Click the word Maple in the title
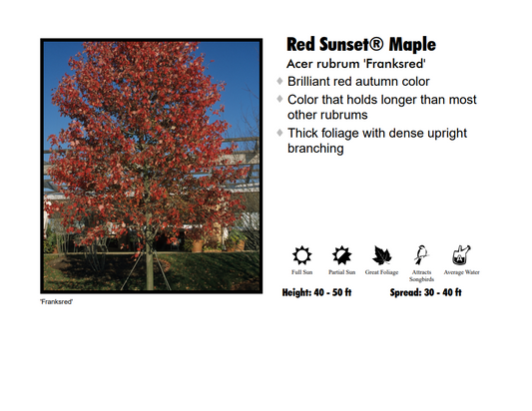407,45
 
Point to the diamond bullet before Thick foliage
279,133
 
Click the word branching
315,149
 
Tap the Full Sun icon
301,254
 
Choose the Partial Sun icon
342,254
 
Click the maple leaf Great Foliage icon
382,254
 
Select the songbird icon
421,254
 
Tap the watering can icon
461,254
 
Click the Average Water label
461,271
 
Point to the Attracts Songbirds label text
421,275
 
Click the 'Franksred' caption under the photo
56,302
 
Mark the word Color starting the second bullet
303,100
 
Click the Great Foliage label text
382,271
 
